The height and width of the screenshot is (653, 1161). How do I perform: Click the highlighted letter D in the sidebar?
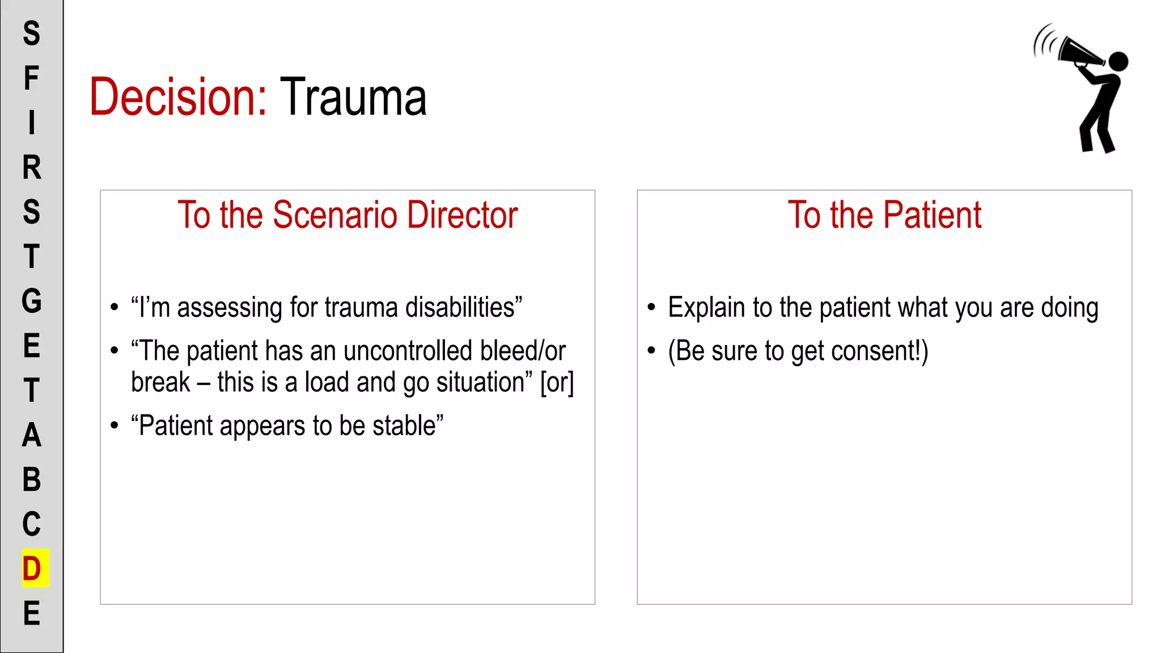32,569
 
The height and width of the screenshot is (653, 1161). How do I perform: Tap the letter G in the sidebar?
32,301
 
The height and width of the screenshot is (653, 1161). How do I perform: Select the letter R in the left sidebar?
32,167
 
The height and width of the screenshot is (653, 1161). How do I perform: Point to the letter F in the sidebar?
31,78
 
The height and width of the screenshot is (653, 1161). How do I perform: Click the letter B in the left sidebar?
32,480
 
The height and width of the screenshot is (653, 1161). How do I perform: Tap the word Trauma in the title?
353,97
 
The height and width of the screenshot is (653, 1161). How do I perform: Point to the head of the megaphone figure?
1118,61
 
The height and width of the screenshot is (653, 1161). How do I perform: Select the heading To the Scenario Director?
348,215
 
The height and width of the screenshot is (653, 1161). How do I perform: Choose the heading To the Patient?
884,215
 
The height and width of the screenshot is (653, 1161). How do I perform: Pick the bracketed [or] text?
557,383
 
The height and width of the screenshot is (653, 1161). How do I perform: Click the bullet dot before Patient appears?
115,425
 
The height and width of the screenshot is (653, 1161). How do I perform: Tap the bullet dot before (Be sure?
651,351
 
